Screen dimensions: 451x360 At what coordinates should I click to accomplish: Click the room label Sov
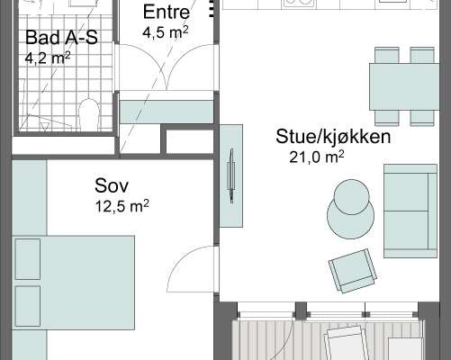coord(112,185)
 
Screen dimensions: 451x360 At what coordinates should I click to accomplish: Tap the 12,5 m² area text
coord(122,206)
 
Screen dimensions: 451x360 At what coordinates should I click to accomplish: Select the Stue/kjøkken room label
coord(333,137)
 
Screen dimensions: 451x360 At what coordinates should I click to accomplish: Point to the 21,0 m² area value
coord(317,157)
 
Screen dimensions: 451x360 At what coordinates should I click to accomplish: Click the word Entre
coord(167,12)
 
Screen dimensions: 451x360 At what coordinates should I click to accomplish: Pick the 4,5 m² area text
coord(166,32)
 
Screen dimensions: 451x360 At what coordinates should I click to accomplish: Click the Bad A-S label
coord(61,38)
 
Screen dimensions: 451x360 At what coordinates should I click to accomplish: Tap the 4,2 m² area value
coord(48,58)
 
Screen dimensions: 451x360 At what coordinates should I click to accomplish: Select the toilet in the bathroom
coord(89,114)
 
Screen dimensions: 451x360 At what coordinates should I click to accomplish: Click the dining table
coord(404,86)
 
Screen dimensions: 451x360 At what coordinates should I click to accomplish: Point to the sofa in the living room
coord(410,211)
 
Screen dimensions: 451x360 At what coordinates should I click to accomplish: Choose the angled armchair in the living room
coord(353,271)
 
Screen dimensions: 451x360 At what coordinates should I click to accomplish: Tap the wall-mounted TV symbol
coord(231,176)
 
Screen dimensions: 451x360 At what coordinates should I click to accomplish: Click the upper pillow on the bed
coord(28,259)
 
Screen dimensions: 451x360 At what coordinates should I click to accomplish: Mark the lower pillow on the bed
coord(28,306)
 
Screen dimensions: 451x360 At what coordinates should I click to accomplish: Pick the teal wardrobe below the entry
coord(167,112)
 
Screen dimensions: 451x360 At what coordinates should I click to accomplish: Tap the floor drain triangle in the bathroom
coord(44,126)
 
